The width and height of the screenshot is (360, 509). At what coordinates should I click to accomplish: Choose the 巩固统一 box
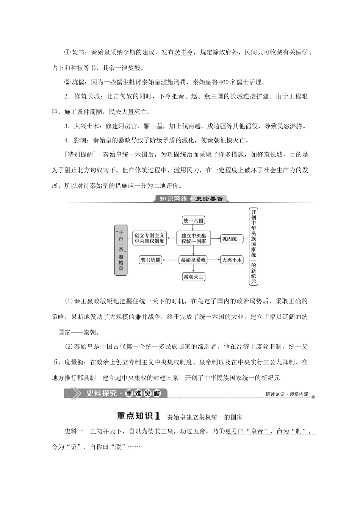coord(232,239)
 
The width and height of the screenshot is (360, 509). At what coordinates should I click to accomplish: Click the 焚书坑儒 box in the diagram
coord(151,260)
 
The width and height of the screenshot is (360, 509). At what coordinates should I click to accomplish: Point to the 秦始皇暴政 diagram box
coord(193,260)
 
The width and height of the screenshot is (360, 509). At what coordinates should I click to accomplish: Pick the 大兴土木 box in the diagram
coord(232,260)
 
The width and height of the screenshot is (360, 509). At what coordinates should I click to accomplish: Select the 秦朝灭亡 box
coord(193,277)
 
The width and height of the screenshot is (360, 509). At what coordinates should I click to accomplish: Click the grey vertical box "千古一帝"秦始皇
coord(121,250)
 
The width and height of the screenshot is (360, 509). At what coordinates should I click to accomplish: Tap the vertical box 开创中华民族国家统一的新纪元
coord(253,246)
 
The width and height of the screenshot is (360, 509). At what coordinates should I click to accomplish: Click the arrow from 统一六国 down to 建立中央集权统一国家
coord(193,228)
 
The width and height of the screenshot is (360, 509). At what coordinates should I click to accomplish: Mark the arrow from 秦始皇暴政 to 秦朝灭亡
coord(193,269)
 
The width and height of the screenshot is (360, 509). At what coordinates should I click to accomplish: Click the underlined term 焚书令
coord(183,52)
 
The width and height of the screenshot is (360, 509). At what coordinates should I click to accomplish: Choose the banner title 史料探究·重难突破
coord(122,393)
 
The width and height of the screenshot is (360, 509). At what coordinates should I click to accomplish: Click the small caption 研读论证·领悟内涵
coord(287,395)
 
